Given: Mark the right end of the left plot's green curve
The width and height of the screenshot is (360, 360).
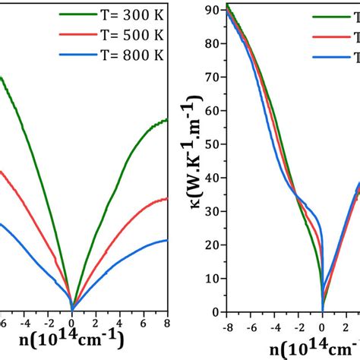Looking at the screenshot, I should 167,120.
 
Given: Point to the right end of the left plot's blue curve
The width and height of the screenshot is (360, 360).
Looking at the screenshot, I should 167,241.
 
